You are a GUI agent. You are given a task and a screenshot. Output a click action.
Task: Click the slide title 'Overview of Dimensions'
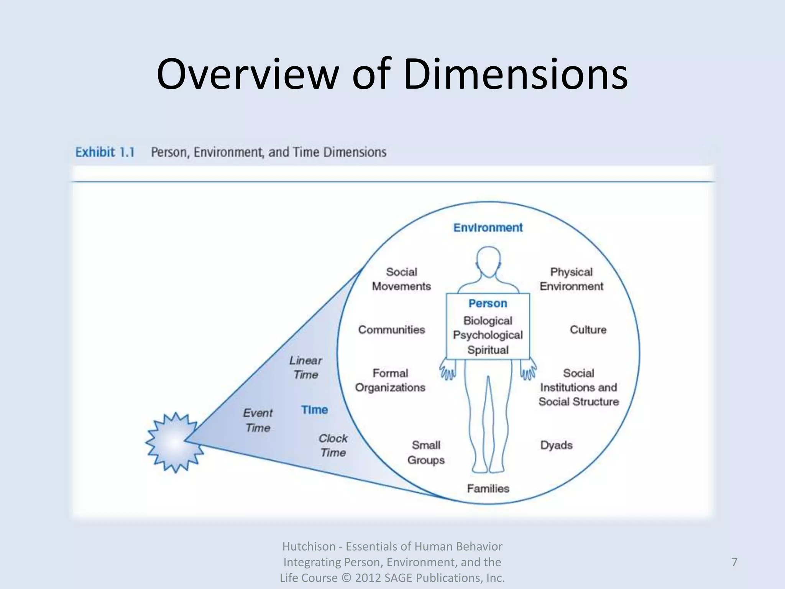pyautogui.click(x=392, y=74)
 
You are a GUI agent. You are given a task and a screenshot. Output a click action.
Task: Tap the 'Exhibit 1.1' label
pyautogui.click(x=105, y=152)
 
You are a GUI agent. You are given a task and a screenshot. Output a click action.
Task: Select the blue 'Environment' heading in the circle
pyautogui.click(x=488, y=228)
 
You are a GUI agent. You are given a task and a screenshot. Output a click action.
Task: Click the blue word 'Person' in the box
pyautogui.click(x=488, y=303)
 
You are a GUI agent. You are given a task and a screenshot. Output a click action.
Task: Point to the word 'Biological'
pyautogui.click(x=488, y=321)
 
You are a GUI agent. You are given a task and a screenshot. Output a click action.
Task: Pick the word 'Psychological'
pyautogui.click(x=488, y=335)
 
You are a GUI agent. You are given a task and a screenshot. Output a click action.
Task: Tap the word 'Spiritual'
pyautogui.click(x=488, y=350)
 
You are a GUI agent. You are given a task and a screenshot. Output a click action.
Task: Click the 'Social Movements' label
pyautogui.click(x=401, y=279)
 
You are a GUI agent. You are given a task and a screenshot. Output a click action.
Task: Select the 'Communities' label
pyautogui.click(x=391, y=330)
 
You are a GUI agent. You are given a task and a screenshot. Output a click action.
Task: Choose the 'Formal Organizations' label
pyautogui.click(x=390, y=380)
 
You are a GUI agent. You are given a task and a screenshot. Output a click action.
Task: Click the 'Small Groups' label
pyautogui.click(x=426, y=452)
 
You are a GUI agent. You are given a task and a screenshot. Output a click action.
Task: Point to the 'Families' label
pyautogui.click(x=488, y=489)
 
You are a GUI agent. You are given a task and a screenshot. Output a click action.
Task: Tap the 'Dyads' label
pyautogui.click(x=556, y=445)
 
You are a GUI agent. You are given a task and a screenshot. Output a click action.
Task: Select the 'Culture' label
pyautogui.click(x=588, y=330)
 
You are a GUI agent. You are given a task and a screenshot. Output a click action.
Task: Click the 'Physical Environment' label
pyautogui.click(x=571, y=279)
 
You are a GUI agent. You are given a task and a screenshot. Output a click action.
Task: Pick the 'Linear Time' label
pyautogui.click(x=305, y=367)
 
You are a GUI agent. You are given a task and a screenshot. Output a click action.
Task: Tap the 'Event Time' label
pyautogui.click(x=258, y=420)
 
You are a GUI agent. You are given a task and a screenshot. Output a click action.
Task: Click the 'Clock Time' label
pyautogui.click(x=333, y=446)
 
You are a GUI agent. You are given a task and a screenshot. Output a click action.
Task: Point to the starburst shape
pyautogui.click(x=174, y=442)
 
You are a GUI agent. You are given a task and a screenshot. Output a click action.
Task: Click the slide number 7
pyautogui.click(x=734, y=562)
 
